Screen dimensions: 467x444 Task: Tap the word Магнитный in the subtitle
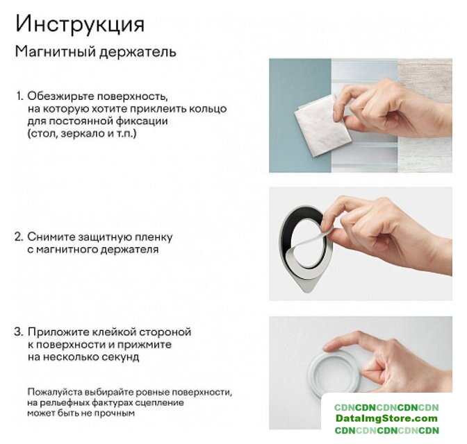click(x=56, y=51)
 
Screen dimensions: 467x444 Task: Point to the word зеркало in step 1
click(x=79, y=134)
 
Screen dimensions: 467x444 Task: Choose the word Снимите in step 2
click(x=51, y=237)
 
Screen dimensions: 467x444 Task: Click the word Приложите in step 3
click(x=58, y=332)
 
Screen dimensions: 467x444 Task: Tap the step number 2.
click(x=19, y=237)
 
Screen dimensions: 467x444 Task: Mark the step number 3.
click(x=19, y=332)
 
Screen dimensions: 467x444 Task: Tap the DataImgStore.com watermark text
click(x=386, y=418)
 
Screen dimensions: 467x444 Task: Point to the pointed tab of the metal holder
click(x=309, y=286)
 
